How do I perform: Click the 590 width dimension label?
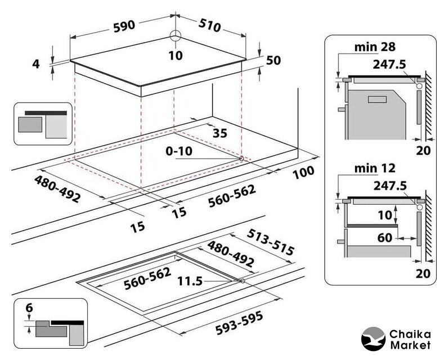[x=124, y=26]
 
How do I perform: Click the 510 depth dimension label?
[x=210, y=25]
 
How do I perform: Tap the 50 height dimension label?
[x=274, y=60]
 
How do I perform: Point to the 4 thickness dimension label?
[x=35, y=64]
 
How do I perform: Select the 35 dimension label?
[x=220, y=133]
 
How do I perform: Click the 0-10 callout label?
[x=179, y=151]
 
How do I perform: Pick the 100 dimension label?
[x=303, y=172]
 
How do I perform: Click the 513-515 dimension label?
[x=270, y=242]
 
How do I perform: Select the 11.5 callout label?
[x=190, y=281]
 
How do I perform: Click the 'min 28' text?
[x=375, y=47]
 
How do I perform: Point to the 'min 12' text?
[x=375, y=168]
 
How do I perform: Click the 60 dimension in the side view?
[x=384, y=237]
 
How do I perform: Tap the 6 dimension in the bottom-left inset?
[x=29, y=308]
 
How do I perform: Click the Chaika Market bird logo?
[x=373, y=339]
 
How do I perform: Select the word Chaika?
[x=410, y=334]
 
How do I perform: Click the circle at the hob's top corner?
[x=176, y=36]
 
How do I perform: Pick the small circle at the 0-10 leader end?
[x=241, y=158]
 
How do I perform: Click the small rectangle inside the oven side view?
[x=377, y=100]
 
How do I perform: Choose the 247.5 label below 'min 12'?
[x=390, y=186]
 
